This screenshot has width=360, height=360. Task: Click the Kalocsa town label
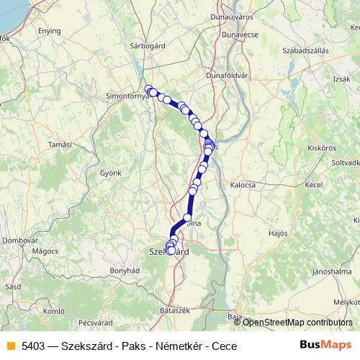coord(243,185)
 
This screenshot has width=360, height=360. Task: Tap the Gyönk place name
coord(110,174)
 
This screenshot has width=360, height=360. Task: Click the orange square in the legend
coord(10,346)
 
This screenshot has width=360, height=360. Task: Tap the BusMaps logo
coord(325,345)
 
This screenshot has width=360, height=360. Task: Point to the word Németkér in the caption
coord(179,346)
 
